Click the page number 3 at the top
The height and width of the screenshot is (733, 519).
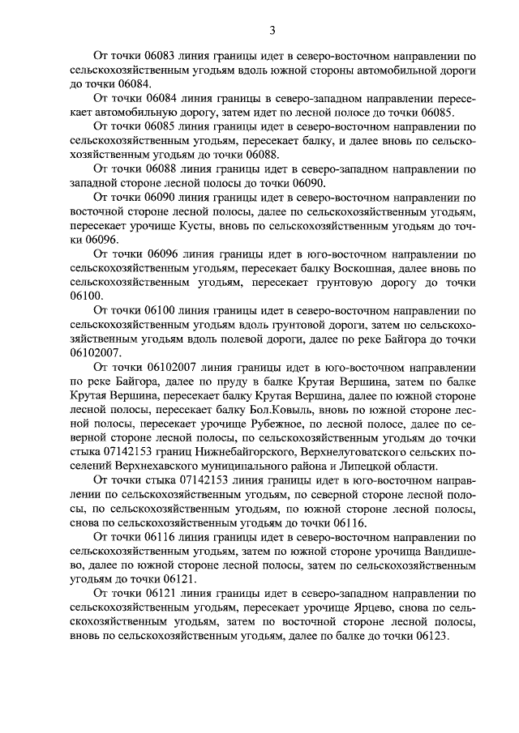[x=272, y=31]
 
